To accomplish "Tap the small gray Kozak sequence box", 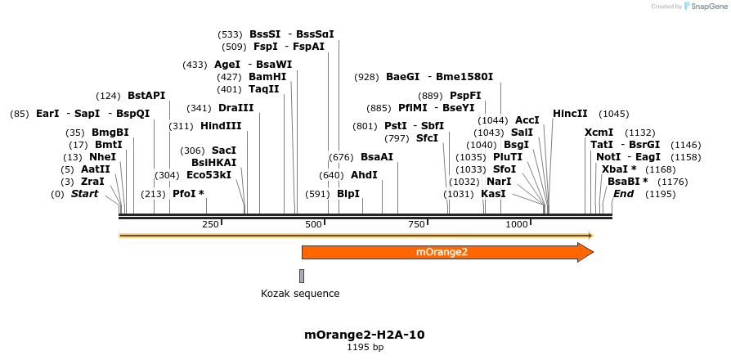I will point(302,276).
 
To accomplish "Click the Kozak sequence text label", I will point(300,293).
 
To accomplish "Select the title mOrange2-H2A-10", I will point(365,335).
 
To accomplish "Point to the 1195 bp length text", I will point(365,348).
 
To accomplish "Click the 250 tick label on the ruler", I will point(210,224).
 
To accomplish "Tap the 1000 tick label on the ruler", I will point(517,224).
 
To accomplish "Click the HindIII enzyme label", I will point(221,126).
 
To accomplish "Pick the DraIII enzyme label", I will point(236,108).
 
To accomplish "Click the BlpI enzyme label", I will point(348,194).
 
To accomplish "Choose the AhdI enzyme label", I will point(364,174).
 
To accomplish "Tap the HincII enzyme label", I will point(570,114).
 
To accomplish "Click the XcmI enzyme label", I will point(599,133).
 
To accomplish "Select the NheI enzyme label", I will point(102,156).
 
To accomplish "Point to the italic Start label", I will point(84,194).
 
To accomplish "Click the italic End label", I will point(624,194).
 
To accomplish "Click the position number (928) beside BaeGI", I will point(366,77).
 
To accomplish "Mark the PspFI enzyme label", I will point(465,96).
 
